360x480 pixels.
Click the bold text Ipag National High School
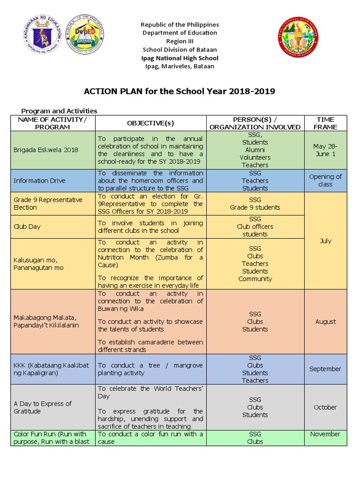coord(180,58)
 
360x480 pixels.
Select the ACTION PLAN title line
coord(180,91)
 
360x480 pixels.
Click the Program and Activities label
coord(60,111)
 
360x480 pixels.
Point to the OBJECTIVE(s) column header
coord(150,123)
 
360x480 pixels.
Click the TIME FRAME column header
coord(325,123)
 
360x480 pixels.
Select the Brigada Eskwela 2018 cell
coord(46,150)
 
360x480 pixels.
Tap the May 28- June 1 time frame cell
coord(325,150)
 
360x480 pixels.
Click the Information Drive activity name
coord(40,180)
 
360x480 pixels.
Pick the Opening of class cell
coord(325,180)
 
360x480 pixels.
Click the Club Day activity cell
coord(27,226)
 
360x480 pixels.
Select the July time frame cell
coord(325,241)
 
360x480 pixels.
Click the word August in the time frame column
coord(325,322)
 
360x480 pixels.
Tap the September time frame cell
coord(325,369)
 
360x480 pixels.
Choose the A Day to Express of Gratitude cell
coord(43,407)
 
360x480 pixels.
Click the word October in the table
coord(325,407)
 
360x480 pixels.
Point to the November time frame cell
coord(325,434)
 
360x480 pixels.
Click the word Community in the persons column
coord(255,279)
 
